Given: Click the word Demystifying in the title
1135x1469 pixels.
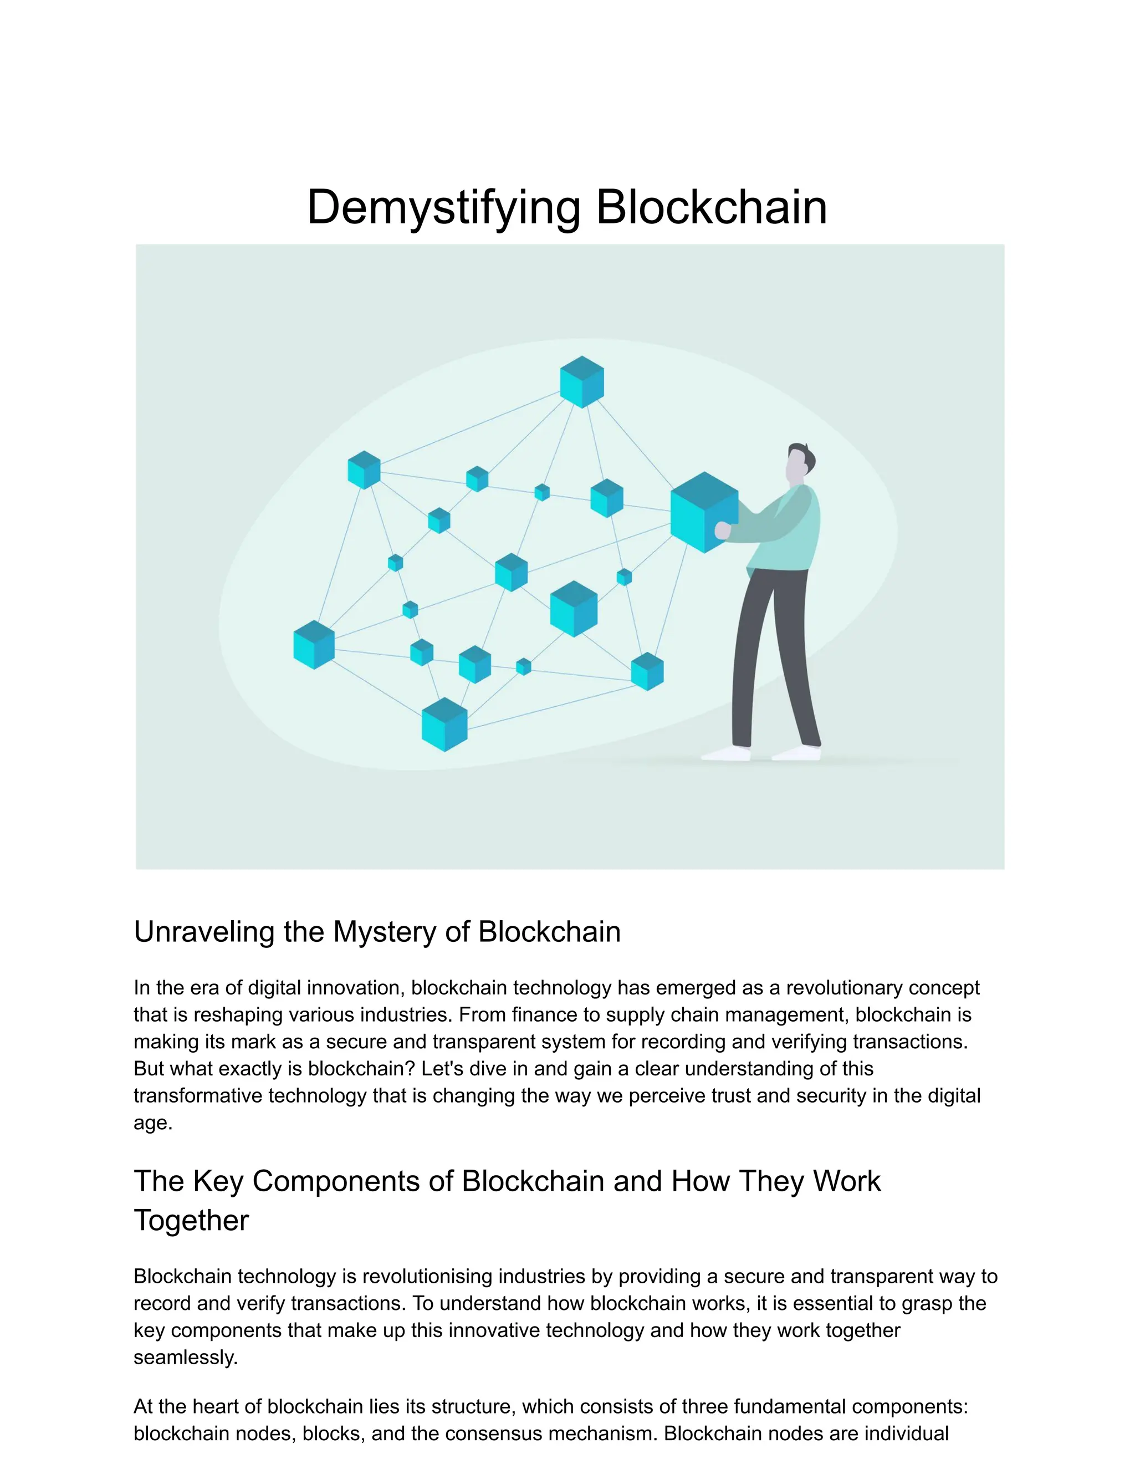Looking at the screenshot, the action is tap(444, 207).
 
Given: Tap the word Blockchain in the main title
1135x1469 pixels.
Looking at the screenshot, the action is tap(712, 207).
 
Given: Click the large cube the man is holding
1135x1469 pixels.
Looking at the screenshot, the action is tap(703, 513).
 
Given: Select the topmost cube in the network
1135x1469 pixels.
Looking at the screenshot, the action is tap(581, 381).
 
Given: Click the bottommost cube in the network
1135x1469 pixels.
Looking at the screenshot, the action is tap(444, 725).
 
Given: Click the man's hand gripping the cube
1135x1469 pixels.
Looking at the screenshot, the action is tap(722, 531).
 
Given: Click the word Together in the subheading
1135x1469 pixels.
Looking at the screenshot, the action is tap(191, 1220).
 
